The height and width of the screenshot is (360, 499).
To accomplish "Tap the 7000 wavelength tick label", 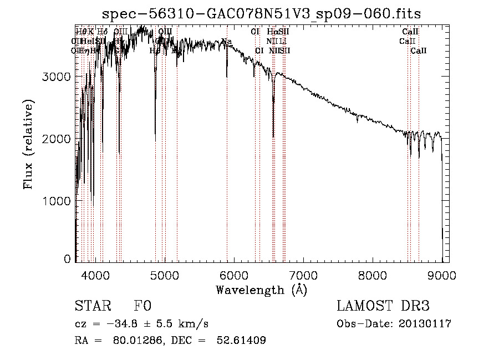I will tap(303, 274).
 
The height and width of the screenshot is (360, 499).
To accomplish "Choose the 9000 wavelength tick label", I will tap(442, 274).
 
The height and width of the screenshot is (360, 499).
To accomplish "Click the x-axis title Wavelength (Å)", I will tap(261, 290).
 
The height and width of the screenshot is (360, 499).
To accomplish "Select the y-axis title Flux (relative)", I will tap(28, 144).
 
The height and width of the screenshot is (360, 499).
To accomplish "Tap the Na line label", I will tap(227, 41).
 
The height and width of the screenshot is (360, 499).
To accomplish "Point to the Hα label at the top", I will tap(272, 32).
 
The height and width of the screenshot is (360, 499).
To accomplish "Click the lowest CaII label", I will tap(419, 50).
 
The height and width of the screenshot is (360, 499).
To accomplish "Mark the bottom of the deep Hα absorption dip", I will tap(273, 136).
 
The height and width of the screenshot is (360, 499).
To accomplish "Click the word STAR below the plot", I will tap(90, 306).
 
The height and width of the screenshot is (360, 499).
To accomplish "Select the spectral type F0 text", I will tap(142, 306).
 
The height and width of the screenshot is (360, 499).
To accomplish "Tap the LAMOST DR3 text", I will tap(383, 306).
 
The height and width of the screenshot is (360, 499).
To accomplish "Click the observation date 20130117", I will tap(426, 324).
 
